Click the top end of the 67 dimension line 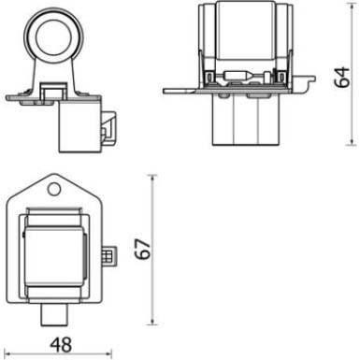click(x=152, y=174)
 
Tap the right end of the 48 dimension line click(x=113, y=354)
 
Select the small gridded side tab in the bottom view click(x=108, y=254)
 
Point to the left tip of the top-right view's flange click(x=166, y=91)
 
